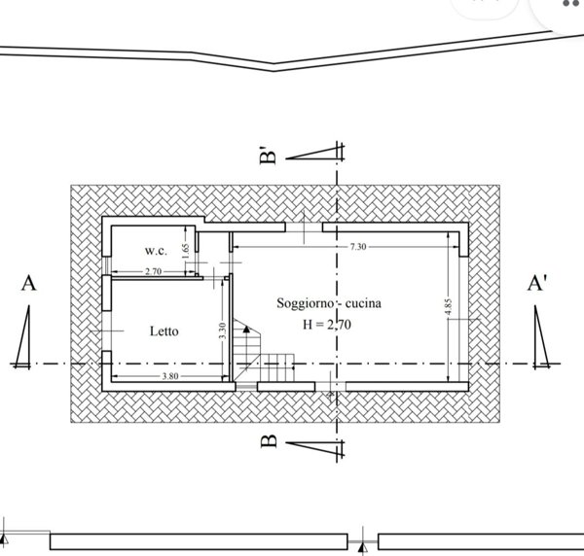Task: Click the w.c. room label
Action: [x=157, y=249]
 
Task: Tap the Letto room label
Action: [x=164, y=331]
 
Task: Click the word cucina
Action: [x=361, y=304]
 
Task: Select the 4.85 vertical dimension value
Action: [x=448, y=307]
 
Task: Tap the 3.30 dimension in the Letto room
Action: [x=223, y=330]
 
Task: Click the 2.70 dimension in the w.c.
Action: [x=152, y=271]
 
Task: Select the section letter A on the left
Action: [x=28, y=284]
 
